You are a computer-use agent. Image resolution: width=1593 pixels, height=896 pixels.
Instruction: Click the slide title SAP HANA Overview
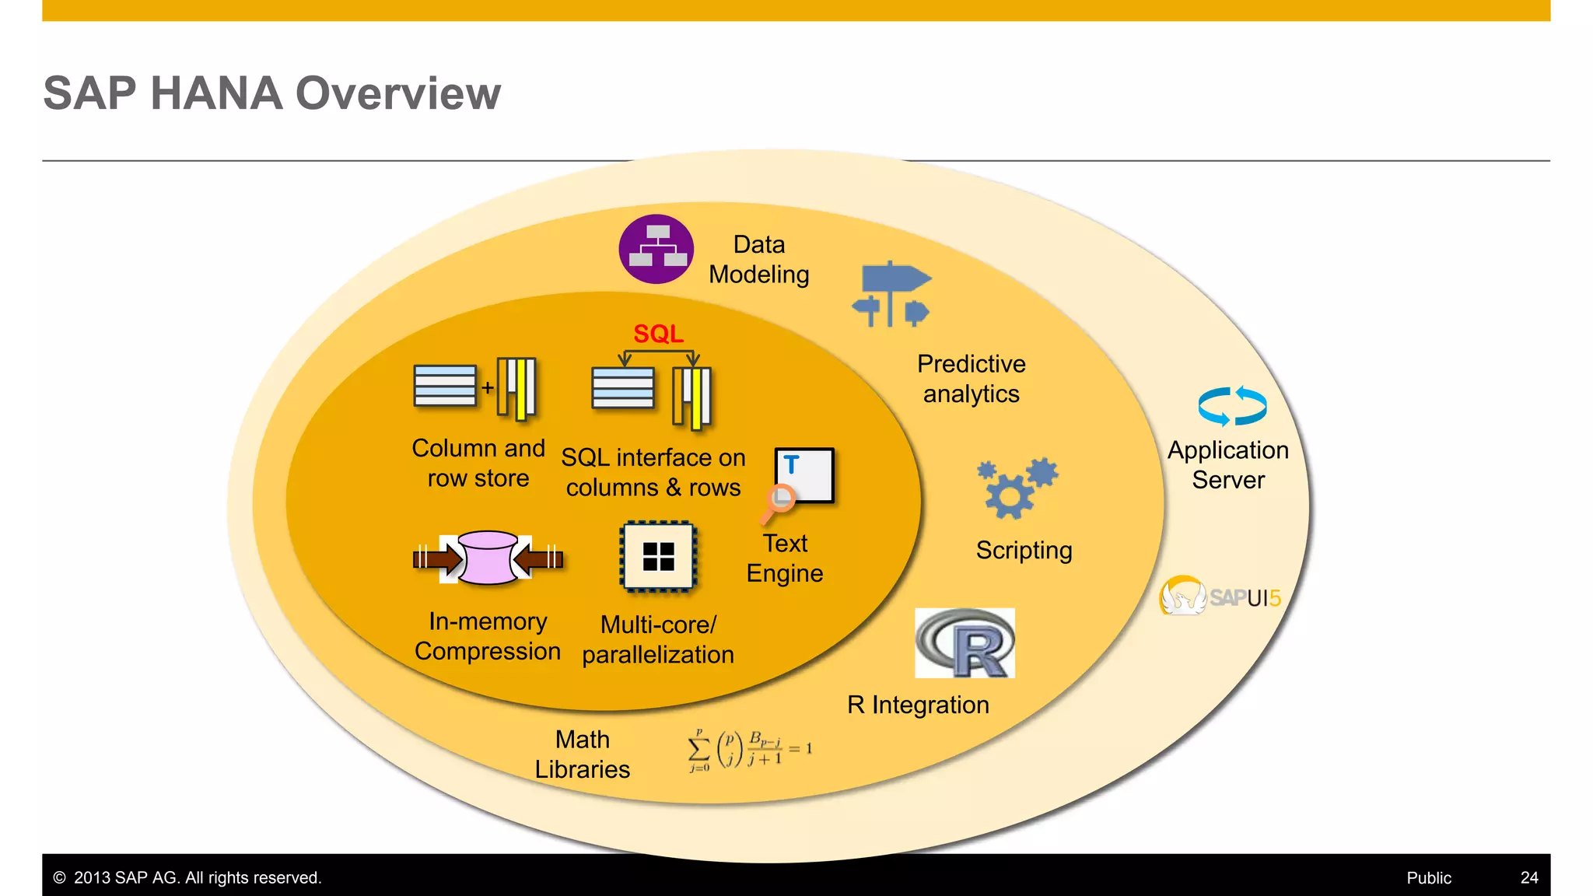coord(271,93)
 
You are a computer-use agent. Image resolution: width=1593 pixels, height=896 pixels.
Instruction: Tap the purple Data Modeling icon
coord(656,249)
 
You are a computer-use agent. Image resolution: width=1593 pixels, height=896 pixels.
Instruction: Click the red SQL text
coord(658,334)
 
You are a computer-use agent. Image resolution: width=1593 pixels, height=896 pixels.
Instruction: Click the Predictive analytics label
coord(971,379)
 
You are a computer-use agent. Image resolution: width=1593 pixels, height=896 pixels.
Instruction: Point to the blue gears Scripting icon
coord(1016,488)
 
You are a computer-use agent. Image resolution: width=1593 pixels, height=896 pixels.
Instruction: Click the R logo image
coord(965,643)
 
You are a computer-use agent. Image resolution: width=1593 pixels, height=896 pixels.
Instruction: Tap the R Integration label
coord(918,705)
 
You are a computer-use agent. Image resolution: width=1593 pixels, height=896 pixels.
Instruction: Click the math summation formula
coord(750,750)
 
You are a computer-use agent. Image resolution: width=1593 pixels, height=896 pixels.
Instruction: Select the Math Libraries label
coord(582,754)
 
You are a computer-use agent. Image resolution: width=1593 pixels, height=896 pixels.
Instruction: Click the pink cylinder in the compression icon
coord(488,557)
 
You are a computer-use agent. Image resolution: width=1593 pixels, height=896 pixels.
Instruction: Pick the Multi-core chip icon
coord(658,557)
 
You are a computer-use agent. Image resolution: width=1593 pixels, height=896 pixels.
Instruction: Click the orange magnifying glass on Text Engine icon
coord(779,500)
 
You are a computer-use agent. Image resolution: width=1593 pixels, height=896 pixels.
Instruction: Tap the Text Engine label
coord(784,558)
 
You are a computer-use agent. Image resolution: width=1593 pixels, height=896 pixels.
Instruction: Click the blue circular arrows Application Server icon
coord(1232,406)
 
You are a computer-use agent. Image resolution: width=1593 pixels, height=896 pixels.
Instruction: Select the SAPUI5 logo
coord(1220,597)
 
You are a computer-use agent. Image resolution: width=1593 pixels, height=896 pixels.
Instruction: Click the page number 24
coord(1528,877)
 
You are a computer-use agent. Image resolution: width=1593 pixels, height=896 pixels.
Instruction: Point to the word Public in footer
coord(1428,877)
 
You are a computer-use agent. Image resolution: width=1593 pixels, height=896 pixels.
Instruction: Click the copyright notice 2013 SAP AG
coord(187,877)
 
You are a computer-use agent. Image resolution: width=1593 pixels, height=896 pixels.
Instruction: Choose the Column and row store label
coord(478,463)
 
